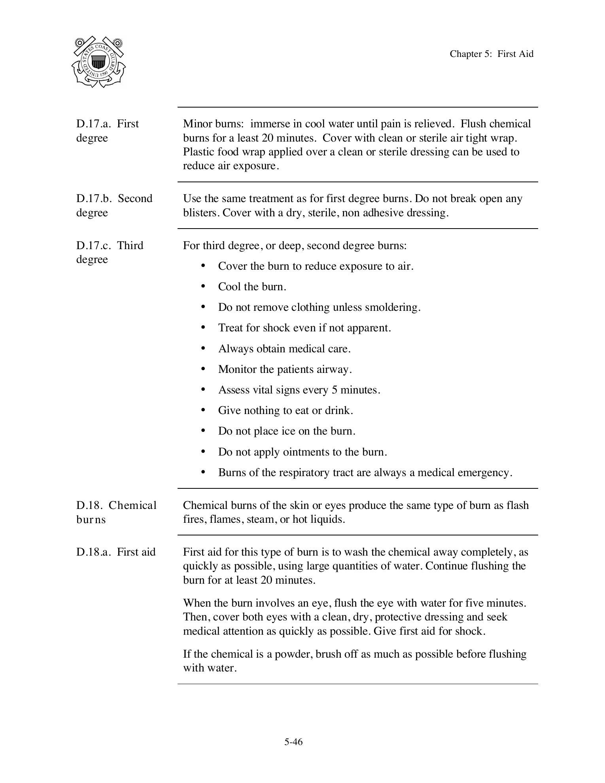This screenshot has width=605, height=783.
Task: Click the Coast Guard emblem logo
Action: (99, 62)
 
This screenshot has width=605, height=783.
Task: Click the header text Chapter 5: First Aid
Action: (491, 54)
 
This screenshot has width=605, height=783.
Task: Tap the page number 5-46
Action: (293, 742)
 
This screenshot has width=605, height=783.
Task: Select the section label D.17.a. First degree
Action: (107, 130)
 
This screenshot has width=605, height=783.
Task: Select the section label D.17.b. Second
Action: (114, 199)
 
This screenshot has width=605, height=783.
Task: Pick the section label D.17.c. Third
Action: (110, 246)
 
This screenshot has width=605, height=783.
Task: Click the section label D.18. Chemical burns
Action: (116, 512)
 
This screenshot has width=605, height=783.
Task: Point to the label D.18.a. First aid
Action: (116, 552)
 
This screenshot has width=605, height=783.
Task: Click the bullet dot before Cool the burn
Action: (203, 286)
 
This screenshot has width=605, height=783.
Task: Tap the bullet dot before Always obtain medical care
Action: (203, 348)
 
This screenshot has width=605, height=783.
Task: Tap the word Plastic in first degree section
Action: (197, 152)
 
